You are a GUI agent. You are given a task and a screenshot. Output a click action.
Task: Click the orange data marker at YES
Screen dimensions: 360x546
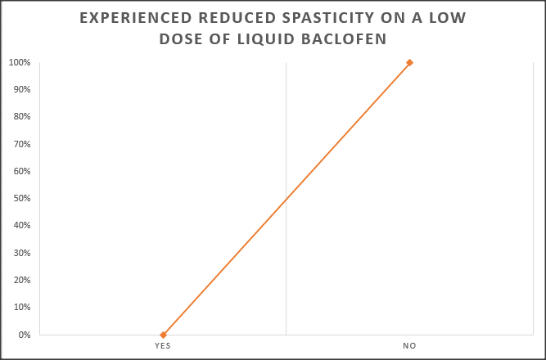click(x=163, y=335)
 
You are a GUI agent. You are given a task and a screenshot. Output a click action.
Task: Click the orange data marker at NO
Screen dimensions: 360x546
click(x=409, y=62)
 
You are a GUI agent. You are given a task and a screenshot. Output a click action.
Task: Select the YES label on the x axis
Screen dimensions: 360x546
click(x=163, y=346)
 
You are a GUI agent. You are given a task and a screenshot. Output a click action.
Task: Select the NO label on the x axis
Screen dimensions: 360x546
click(x=409, y=346)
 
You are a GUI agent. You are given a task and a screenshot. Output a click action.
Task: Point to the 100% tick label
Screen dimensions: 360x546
click(x=21, y=62)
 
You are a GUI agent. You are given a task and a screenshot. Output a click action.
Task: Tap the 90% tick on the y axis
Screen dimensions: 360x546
click(x=23, y=89)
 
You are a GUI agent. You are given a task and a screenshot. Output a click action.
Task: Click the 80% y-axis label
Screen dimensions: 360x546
click(x=23, y=117)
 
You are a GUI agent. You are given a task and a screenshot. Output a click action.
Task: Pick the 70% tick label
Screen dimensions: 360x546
click(x=23, y=144)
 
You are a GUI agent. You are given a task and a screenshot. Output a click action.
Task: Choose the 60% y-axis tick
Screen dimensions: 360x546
click(x=23, y=171)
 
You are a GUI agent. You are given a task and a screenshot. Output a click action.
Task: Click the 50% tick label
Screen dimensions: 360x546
click(x=23, y=199)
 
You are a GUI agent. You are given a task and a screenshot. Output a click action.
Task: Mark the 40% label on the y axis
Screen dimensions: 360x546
click(x=23, y=226)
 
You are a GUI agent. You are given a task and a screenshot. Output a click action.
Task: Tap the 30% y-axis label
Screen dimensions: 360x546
click(x=23, y=253)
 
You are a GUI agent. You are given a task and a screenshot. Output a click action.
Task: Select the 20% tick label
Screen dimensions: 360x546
click(x=23, y=281)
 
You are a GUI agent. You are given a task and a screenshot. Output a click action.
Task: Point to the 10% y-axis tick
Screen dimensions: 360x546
click(x=23, y=308)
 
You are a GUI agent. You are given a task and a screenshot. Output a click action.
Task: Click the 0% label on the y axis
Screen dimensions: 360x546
click(x=25, y=335)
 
